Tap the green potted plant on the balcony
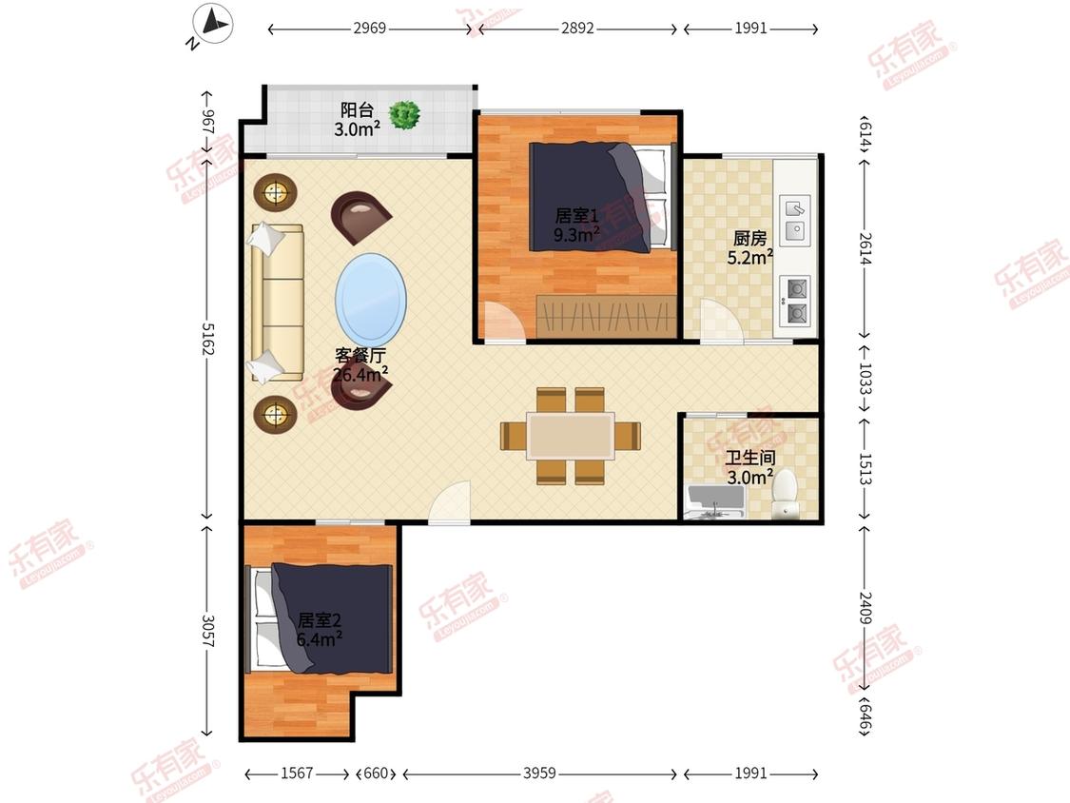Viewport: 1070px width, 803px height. coord(404,115)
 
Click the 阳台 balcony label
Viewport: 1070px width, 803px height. coord(357,109)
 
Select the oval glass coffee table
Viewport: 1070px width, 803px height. coord(371,301)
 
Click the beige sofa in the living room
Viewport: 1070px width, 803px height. coord(277,303)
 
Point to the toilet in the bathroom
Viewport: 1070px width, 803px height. coord(784,493)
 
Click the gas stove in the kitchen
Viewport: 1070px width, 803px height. coord(795,301)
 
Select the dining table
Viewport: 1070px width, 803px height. coord(570,436)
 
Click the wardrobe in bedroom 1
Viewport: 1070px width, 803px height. coord(606,316)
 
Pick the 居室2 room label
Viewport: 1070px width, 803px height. coord(320,620)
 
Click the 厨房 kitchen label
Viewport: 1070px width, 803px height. coord(750,238)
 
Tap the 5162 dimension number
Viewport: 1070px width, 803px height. coord(208,339)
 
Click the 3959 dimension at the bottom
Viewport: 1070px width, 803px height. coord(539,773)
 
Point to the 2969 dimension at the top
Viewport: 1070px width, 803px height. coord(370,28)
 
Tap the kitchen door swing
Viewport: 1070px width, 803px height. coord(721,320)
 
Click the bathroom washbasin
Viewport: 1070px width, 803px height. coord(715,502)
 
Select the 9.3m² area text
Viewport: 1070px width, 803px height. coord(576,235)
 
